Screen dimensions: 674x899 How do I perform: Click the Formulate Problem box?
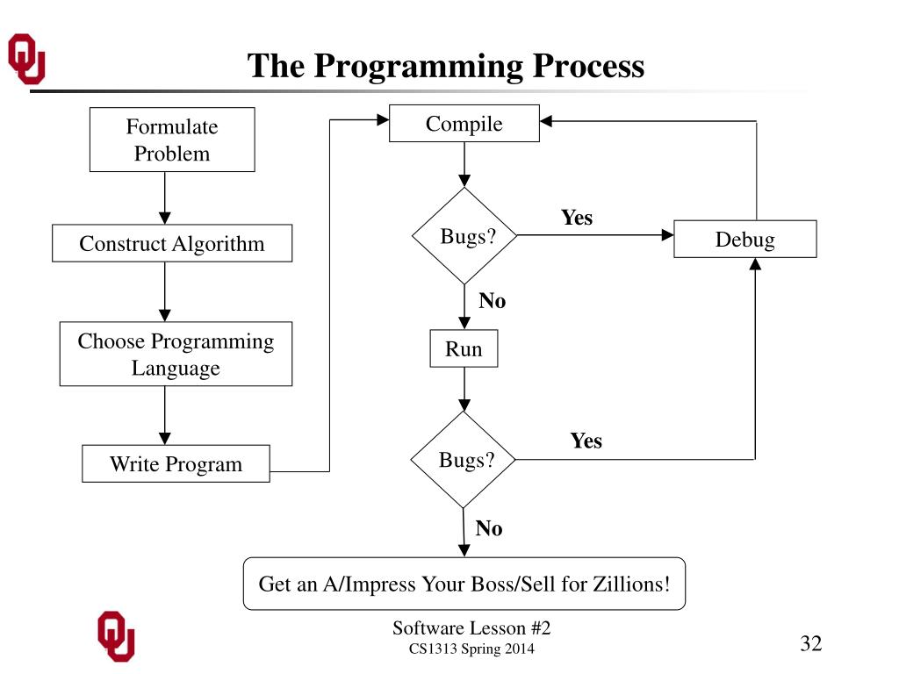(172, 140)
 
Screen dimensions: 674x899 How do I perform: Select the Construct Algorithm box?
(172, 243)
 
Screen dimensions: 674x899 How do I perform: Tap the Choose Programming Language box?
(176, 354)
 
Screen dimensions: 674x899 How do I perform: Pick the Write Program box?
(176, 464)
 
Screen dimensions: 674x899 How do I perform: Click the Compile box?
(464, 124)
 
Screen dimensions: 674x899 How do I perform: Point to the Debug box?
(744, 239)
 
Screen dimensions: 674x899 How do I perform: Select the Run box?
(464, 348)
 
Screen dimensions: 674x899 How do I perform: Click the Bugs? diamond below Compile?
(464, 236)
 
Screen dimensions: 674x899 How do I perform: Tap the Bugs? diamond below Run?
(464, 460)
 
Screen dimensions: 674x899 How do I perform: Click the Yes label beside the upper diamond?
(577, 218)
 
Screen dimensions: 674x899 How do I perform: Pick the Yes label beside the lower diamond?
(586, 441)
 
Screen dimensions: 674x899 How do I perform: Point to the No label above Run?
(492, 301)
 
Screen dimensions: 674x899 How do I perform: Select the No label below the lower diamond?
(489, 528)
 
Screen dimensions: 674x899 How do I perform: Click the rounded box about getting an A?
(464, 584)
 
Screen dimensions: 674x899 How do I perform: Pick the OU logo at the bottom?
(115, 634)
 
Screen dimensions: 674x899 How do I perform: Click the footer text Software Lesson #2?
(471, 627)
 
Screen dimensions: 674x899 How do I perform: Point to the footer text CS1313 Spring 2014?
(471, 649)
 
